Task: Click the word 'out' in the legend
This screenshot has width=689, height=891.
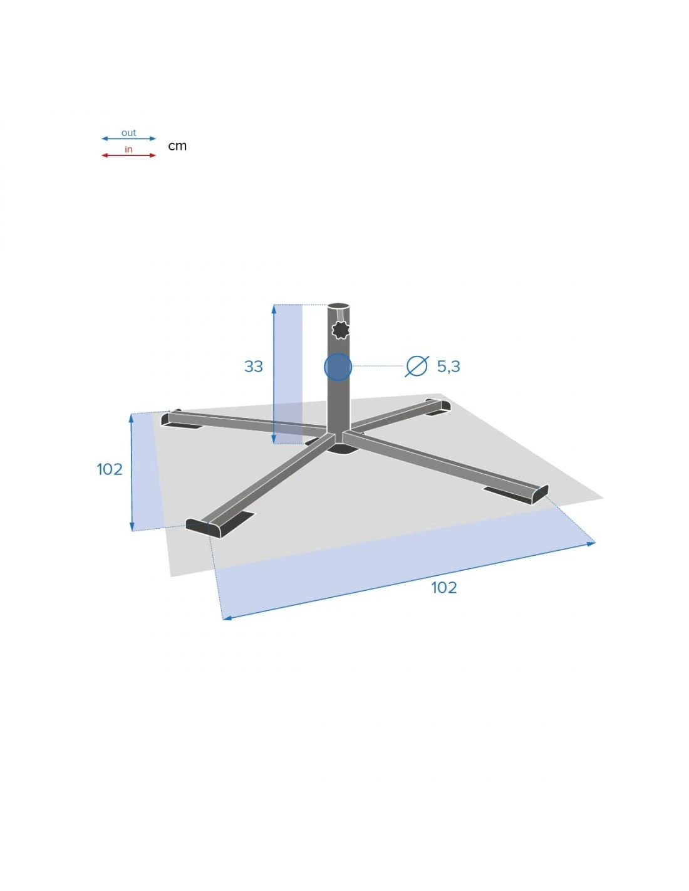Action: pos(128,133)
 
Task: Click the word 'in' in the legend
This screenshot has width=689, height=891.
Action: pos(128,149)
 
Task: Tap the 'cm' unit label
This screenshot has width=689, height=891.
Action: pos(177,146)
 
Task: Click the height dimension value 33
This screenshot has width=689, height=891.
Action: pos(254,367)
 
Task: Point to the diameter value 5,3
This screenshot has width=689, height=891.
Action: pos(448,367)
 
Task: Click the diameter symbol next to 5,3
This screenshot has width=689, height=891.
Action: pos(417,366)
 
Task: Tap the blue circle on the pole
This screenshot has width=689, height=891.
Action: pos(338,367)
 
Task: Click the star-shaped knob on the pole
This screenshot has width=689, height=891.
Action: pos(340,330)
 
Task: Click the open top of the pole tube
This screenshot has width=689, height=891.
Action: pos(338,306)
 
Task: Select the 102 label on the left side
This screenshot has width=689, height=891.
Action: pos(110,469)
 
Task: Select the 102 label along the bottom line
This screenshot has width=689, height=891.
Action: pos(443,588)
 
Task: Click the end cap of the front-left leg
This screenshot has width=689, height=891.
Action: pos(203,528)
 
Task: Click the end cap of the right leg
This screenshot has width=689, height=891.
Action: pos(540,494)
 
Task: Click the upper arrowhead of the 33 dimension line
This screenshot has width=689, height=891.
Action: pos(274,308)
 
